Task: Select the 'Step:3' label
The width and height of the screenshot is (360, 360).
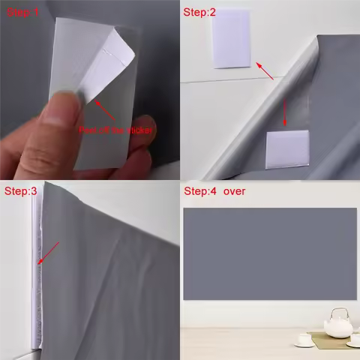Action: coord(21,192)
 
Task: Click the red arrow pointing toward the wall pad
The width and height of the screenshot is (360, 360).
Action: coord(265,71)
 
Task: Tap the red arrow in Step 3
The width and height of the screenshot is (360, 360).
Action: coord(49,253)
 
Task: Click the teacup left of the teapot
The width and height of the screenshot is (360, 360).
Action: coord(305,339)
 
